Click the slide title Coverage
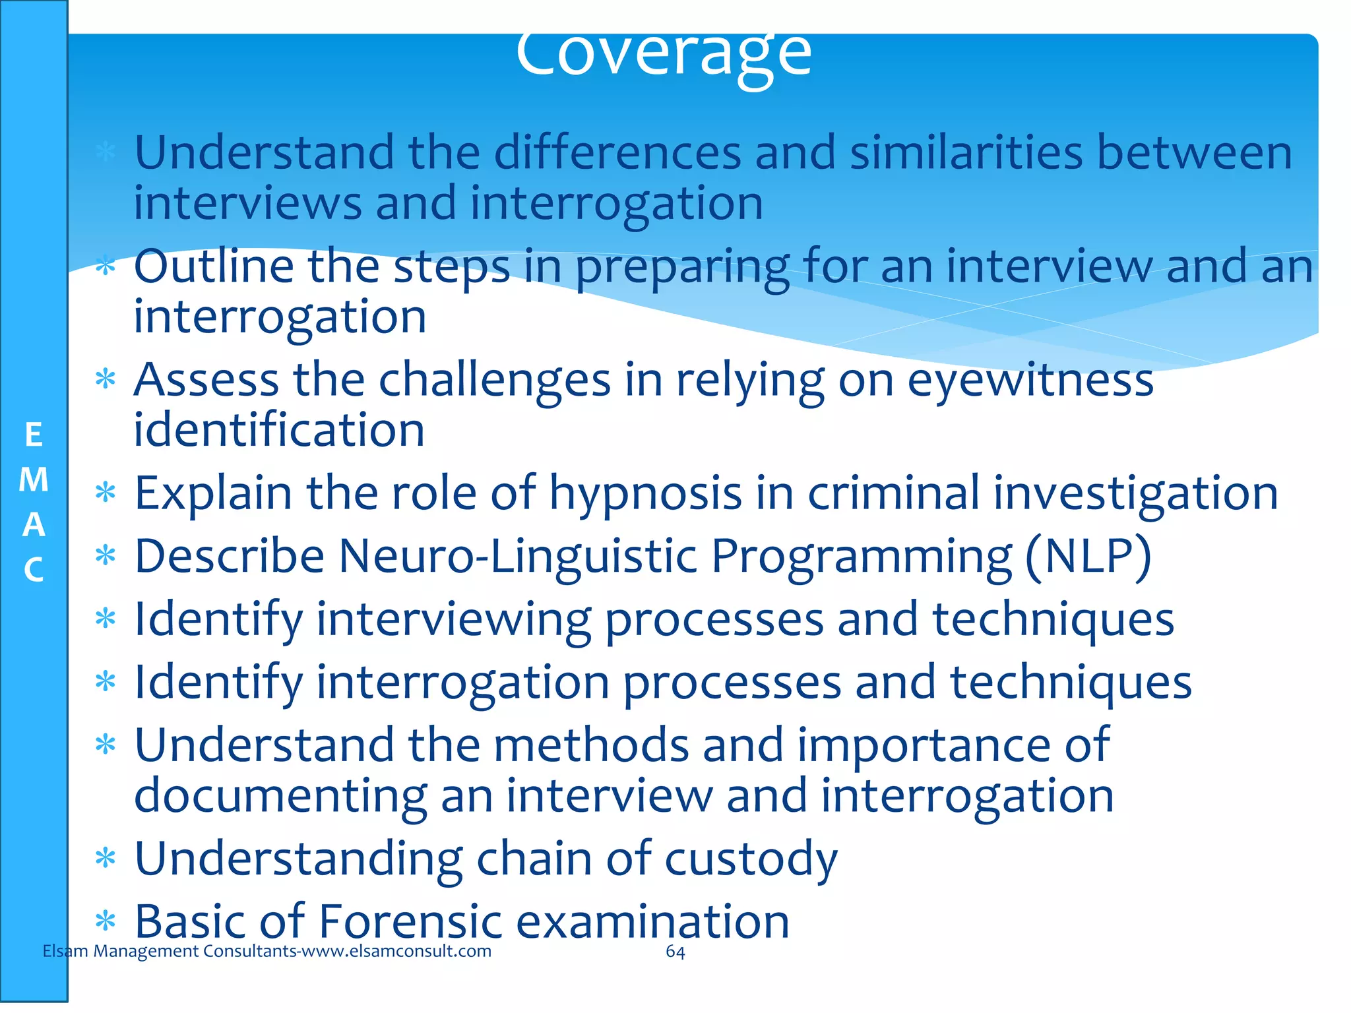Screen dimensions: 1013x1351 point(663,56)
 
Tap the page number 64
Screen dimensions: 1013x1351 point(675,951)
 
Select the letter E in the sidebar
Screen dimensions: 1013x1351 point(34,435)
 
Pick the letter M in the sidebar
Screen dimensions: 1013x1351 point(34,479)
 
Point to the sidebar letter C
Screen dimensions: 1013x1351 point(34,570)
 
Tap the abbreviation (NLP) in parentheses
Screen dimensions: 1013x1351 point(1088,556)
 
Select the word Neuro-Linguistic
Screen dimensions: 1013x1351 point(518,556)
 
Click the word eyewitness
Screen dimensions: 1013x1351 point(1030,381)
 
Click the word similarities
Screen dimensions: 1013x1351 point(966,153)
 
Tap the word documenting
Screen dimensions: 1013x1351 point(280,796)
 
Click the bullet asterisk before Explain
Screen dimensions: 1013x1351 point(106,493)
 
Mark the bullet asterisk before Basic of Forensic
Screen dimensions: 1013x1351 point(106,921)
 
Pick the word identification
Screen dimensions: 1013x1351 point(279,431)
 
